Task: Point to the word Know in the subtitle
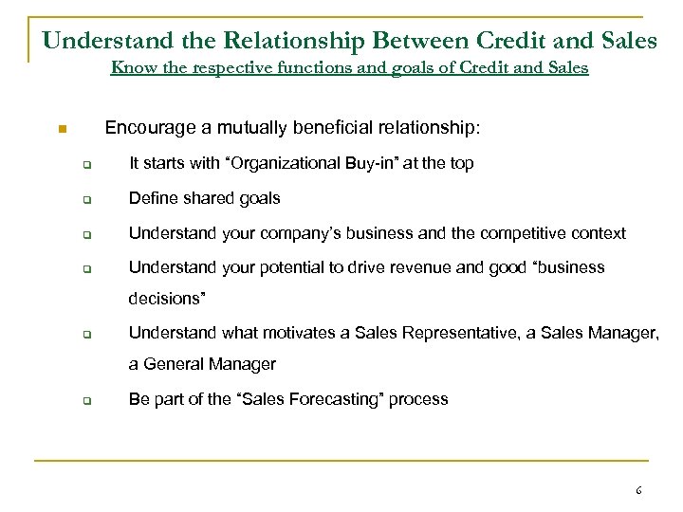130,68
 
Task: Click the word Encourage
145,127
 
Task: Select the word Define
150,198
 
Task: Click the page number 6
638,491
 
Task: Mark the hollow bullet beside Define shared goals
86,200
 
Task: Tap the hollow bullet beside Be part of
86,400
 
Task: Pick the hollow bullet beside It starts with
86,165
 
